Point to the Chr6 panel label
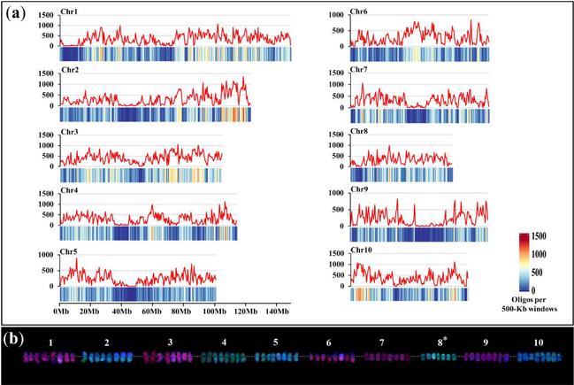360,15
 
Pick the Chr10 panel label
362,250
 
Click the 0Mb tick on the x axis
61,312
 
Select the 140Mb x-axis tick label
275,312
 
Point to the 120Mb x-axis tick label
245,312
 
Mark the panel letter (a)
22,14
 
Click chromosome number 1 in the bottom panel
51,342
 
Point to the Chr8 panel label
360,133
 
